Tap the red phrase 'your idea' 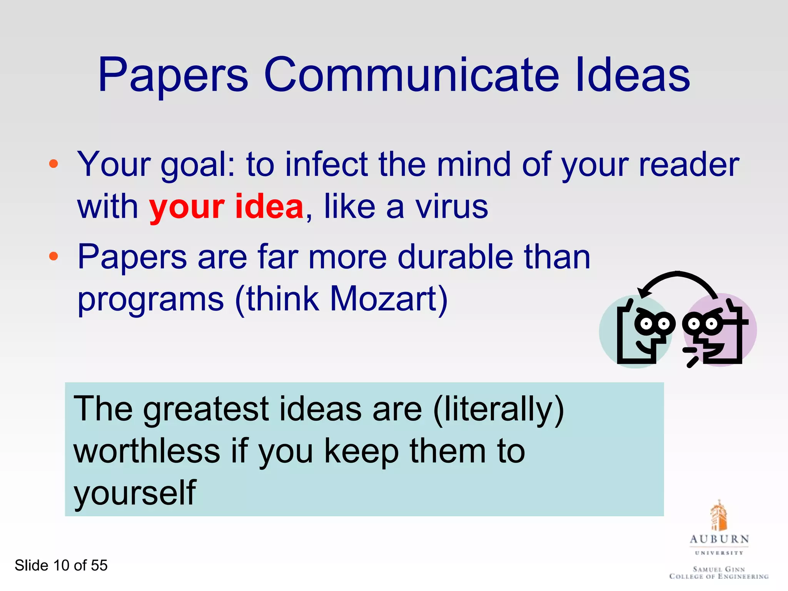(x=226, y=207)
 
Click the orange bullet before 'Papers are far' (x=53, y=256)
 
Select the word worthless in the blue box (x=147, y=451)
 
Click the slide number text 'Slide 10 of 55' (x=61, y=565)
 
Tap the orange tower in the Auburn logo (x=718, y=516)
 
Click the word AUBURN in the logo (x=719, y=539)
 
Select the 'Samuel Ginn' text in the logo (x=719, y=569)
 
